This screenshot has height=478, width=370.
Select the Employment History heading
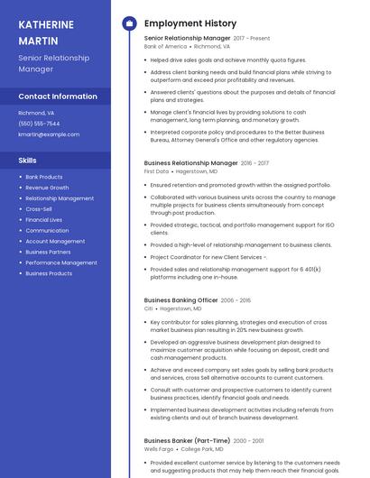pos(190,23)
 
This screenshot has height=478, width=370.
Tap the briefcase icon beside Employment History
pos(129,23)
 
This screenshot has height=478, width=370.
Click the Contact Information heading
pos(58,97)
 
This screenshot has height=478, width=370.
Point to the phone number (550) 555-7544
pos(39,124)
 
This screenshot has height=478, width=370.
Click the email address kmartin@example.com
pos(49,134)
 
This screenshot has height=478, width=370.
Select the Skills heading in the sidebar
pos(28,160)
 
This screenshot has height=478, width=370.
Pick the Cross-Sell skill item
pos(39,209)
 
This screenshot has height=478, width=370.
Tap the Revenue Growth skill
pos(47,188)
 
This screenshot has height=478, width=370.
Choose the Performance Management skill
pos(61,262)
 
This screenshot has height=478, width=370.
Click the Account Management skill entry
pos(55,241)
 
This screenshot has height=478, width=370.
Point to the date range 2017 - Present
pos(252,39)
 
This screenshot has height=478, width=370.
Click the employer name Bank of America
pos(164,46)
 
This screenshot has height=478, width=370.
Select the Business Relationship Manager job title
pos(190,163)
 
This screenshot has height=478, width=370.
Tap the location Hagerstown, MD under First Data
pos(196,170)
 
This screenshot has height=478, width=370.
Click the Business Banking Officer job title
pos(180,300)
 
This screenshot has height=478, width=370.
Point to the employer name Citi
pos(149,308)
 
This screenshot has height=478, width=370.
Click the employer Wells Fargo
pos(159,448)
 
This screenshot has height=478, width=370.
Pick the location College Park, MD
pos(203,448)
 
